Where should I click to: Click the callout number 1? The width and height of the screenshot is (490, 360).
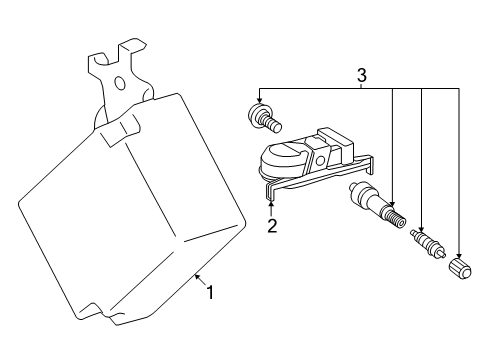(x=210, y=292)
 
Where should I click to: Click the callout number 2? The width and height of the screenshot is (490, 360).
(x=272, y=226)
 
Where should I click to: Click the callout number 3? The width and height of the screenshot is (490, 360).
(x=362, y=75)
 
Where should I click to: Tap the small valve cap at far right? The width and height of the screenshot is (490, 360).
(x=461, y=268)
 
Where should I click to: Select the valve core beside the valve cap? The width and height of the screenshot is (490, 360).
(x=428, y=243)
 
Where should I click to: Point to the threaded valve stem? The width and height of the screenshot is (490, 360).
(x=377, y=205)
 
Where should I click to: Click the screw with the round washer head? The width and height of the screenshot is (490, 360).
(x=265, y=118)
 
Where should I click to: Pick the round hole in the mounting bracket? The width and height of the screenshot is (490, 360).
(x=120, y=83)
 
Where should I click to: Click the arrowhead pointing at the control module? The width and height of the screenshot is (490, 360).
(x=197, y=277)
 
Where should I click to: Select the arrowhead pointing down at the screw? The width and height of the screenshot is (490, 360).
(x=259, y=100)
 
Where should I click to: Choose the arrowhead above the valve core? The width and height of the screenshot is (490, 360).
(x=422, y=228)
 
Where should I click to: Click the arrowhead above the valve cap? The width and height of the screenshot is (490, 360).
(x=459, y=255)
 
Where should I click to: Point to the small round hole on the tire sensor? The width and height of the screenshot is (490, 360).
(x=320, y=161)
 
